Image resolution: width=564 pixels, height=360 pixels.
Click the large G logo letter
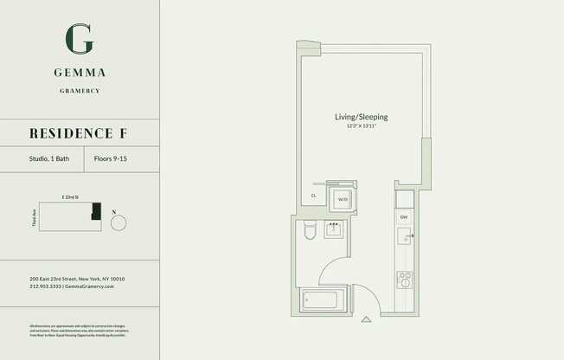click(x=80, y=37)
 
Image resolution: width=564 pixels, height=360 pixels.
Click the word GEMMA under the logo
click(x=80, y=74)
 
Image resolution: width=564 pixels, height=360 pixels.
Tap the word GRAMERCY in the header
click(x=80, y=90)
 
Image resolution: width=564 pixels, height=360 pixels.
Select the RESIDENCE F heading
click(x=80, y=132)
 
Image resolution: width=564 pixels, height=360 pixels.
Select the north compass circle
click(x=119, y=223)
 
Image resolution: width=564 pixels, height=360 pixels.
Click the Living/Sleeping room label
click(x=361, y=117)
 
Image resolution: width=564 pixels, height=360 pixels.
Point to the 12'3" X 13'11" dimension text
click(x=361, y=127)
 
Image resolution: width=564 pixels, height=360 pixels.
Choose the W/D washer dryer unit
click(x=343, y=199)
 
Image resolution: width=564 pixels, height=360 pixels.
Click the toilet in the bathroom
click(x=310, y=231)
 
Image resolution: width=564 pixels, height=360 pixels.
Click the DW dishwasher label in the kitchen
click(x=403, y=217)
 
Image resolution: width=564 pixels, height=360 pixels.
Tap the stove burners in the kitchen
click(x=403, y=279)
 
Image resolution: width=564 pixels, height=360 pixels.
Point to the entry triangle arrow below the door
click(x=367, y=320)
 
